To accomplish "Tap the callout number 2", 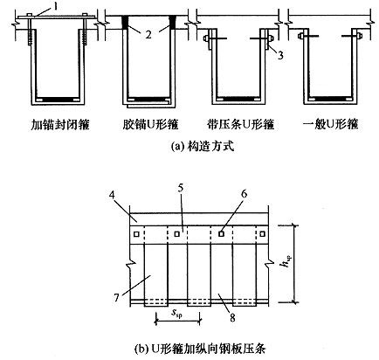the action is pyautogui.click(x=148, y=35).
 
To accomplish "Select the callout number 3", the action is pyautogui.click(x=280, y=55).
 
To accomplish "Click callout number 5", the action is pyautogui.click(x=180, y=189).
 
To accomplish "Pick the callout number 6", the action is pyautogui.click(x=244, y=193).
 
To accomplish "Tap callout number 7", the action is pyautogui.click(x=117, y=298).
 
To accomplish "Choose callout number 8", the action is pyautogui.click(x=232, y=317).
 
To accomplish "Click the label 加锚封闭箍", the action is pyautogui.click(x=60, y=125).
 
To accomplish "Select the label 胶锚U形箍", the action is pyautogui.click(x=150, y=125).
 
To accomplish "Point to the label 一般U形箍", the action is pyautogui.click(x=331, y=125).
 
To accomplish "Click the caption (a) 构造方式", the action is pyautogui.click(x=203, y=146).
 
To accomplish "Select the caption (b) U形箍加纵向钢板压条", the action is pyautogui.click(x=200, y=349).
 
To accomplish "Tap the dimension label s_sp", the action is pyautogui.click(x=176, y=314).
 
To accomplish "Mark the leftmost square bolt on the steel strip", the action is pyautogui.click(x=136, y=234).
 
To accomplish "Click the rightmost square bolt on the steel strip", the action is pyautogui.click(x=262, y=234).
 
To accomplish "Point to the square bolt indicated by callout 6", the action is pyautogui.click(x=221, y=233).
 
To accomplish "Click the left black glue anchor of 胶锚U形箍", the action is pyautogui.click(x=125, y=22).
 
